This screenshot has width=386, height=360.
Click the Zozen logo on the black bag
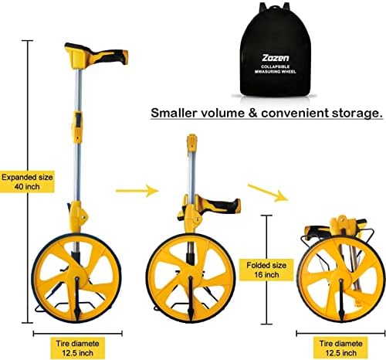276,58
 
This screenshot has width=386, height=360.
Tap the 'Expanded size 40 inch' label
27,182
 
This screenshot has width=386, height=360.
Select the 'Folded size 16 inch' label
266,270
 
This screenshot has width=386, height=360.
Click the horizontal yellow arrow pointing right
137,191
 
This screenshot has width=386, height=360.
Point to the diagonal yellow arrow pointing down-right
268,192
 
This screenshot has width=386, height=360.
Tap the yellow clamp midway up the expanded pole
77,127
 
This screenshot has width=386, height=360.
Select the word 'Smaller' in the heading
174,113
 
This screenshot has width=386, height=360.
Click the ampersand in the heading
253,113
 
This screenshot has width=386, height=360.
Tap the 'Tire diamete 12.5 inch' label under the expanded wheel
77,348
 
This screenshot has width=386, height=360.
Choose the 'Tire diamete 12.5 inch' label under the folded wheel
340,348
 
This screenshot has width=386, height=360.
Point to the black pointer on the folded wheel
341,300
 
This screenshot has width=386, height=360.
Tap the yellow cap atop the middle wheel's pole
192,142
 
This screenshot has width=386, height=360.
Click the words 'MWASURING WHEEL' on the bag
275,72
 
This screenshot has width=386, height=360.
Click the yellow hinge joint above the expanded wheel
77,216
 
